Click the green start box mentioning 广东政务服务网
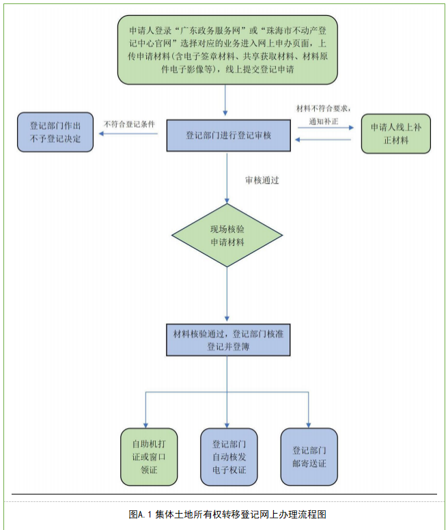pos(225,51)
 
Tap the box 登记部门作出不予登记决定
pos(55,132)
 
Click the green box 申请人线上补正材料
pos(395,132)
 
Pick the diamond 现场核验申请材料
pos(227,235)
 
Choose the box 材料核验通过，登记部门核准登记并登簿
pos(227,339)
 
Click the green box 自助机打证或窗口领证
pos(145,455)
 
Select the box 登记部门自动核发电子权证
pos(227,455)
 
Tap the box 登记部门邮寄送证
pos(309,456)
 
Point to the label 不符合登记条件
pos(129,124)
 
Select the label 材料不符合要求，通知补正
pos(323,113)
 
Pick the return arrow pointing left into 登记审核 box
pos(324,139)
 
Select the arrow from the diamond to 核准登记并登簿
pos(227,294)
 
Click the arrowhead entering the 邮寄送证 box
pos(309,424)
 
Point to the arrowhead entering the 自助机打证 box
pos(145,424)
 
